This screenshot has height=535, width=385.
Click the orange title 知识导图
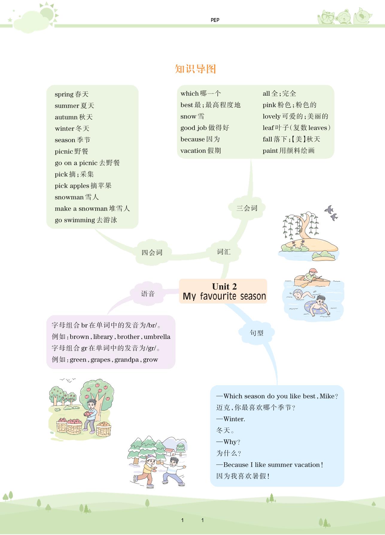point(195,69)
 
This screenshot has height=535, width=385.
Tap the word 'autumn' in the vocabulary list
point(66,117)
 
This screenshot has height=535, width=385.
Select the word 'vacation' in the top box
point(193,151)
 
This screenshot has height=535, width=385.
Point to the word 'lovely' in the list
point(271,116)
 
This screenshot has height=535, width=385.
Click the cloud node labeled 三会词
point(247,208)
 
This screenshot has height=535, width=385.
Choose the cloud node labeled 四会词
point(152,252)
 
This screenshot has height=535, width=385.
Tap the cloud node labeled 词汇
point(224,252)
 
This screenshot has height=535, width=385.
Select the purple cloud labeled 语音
point(148,294)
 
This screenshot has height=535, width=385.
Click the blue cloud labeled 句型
point(257,333)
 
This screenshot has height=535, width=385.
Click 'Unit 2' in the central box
point(224,286)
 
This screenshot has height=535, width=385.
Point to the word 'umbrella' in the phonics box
point(157,337)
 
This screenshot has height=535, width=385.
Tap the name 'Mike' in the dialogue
point(327,396)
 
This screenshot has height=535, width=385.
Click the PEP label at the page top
point(215,20)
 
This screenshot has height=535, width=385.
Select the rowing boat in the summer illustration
point(312,280)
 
